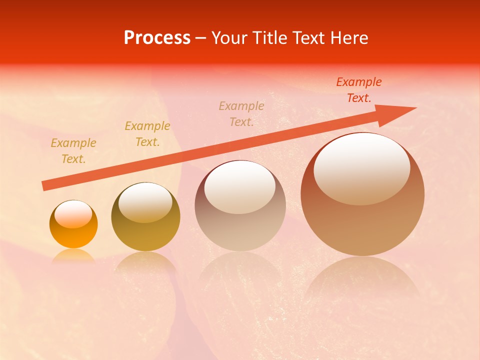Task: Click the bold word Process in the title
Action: pos(157,38)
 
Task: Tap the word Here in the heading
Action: pos(349,38)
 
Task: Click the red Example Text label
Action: pos(359,90)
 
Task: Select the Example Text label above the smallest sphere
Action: pos(73,151)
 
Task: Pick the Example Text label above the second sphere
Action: pos(147,134)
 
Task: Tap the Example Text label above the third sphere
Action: pos(241,114)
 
